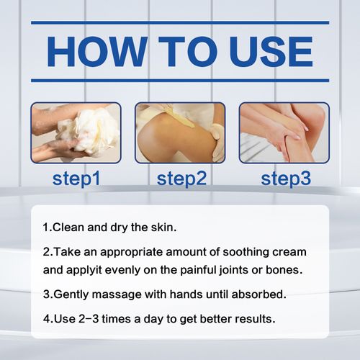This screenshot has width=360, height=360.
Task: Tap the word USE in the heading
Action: pos(261,51)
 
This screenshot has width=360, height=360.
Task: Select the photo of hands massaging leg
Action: pos(284,132)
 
